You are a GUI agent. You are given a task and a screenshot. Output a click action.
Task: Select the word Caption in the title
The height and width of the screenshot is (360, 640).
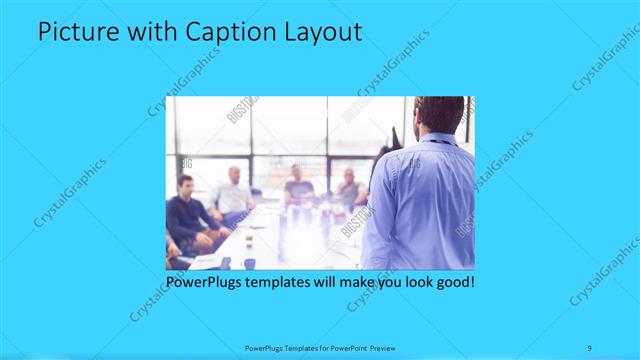224,32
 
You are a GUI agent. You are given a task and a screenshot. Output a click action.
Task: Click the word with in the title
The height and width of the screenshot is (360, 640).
151,32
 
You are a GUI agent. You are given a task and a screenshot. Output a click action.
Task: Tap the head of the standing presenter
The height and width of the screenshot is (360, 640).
439,114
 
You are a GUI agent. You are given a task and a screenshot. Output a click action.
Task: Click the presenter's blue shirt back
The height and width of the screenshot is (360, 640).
420,205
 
